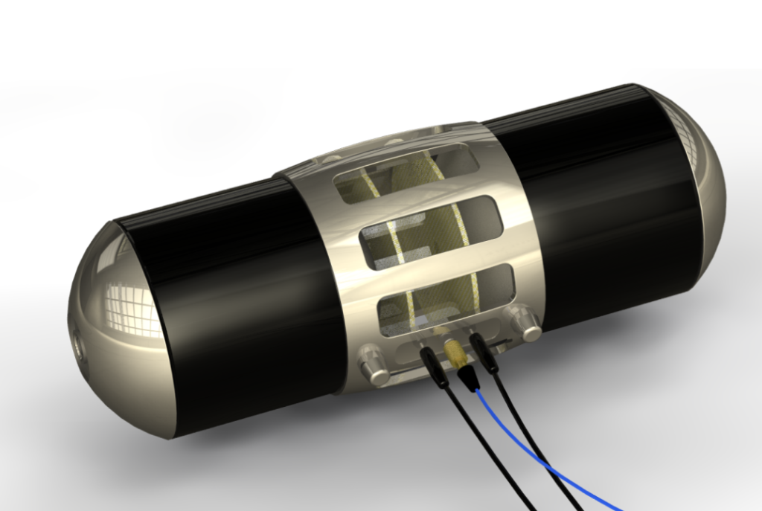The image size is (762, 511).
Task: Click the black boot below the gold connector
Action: coord(467,379)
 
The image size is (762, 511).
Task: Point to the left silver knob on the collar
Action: coord(373,369)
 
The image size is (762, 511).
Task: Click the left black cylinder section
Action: coord(231,298)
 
